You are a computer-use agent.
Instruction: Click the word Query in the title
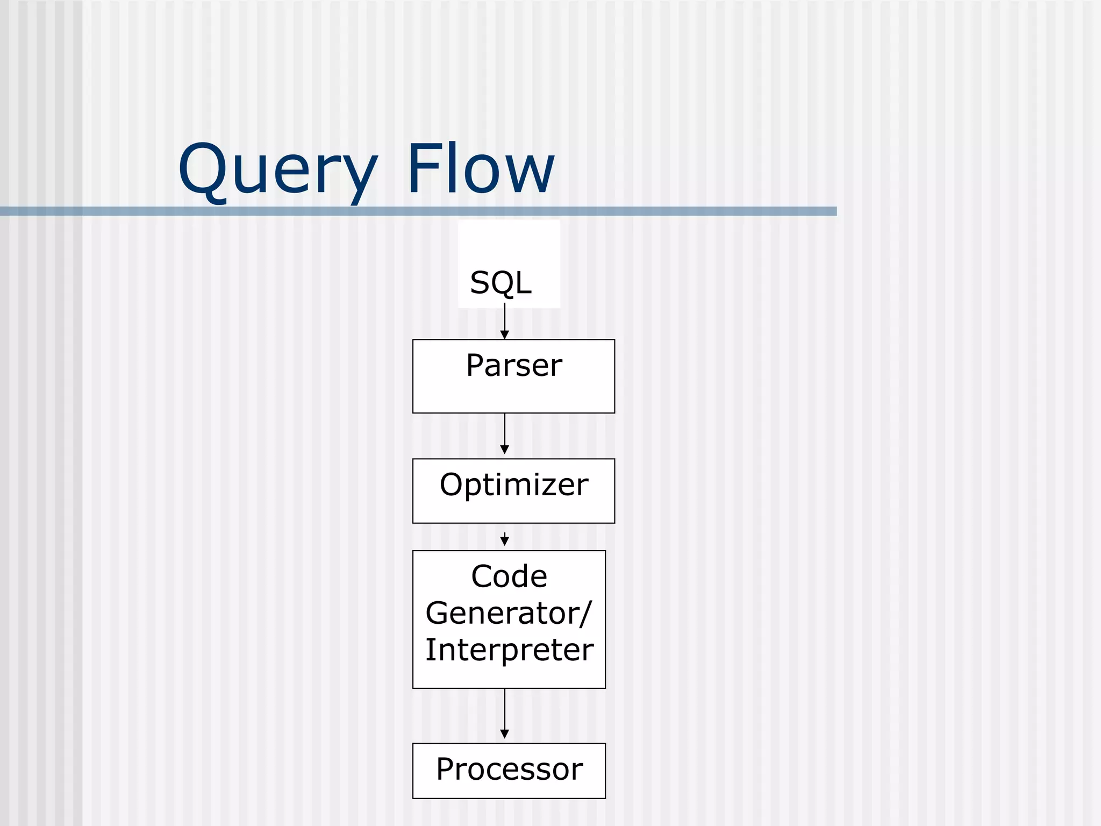277,169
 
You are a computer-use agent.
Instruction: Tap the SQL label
501,282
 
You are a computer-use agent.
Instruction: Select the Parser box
513,376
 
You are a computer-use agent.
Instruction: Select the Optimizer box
513,490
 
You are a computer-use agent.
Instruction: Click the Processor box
509,770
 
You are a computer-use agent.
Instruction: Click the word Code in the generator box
509,576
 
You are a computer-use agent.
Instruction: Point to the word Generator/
508,613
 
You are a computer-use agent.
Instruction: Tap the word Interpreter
509,650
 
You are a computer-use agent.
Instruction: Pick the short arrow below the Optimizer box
504,539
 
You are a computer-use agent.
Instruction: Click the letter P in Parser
475,365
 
